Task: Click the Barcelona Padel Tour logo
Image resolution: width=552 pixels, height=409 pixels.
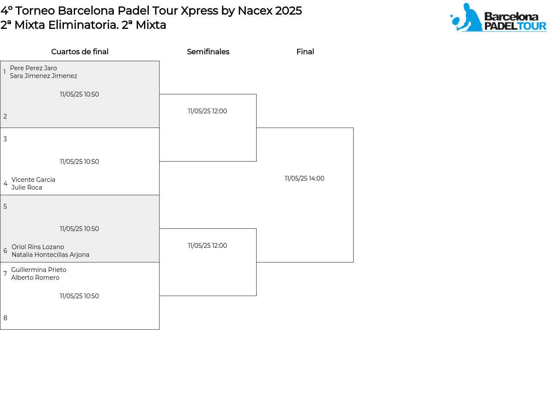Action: (498, 17)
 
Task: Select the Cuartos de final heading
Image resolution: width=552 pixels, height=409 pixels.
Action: (80, 52)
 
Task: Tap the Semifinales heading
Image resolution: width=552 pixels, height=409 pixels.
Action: (208, 52)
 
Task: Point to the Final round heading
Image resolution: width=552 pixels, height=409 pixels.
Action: (305, 52)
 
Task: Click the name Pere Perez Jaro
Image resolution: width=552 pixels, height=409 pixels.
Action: (33, 68)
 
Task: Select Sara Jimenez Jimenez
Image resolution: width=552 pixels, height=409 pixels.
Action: (44, 75)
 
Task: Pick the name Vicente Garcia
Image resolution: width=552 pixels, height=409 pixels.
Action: (33, 180)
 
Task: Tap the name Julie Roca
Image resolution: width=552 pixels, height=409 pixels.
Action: (27, 187)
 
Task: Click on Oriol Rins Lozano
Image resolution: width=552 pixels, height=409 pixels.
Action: (38, 247)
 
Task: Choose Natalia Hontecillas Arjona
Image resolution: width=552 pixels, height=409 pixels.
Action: (50, 255)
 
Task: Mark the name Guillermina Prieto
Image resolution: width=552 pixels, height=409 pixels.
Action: (38, 270)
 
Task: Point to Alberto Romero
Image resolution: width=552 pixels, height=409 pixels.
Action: (35, 278)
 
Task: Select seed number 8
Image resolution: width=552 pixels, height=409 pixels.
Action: (5, 318)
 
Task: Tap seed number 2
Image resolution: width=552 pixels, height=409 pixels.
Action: (5, 116)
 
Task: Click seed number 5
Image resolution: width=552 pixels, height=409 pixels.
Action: (5, 206)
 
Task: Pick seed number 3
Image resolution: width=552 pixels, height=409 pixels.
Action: (5, 139)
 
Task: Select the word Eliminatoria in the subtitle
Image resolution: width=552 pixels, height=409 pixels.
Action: (83, 25)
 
